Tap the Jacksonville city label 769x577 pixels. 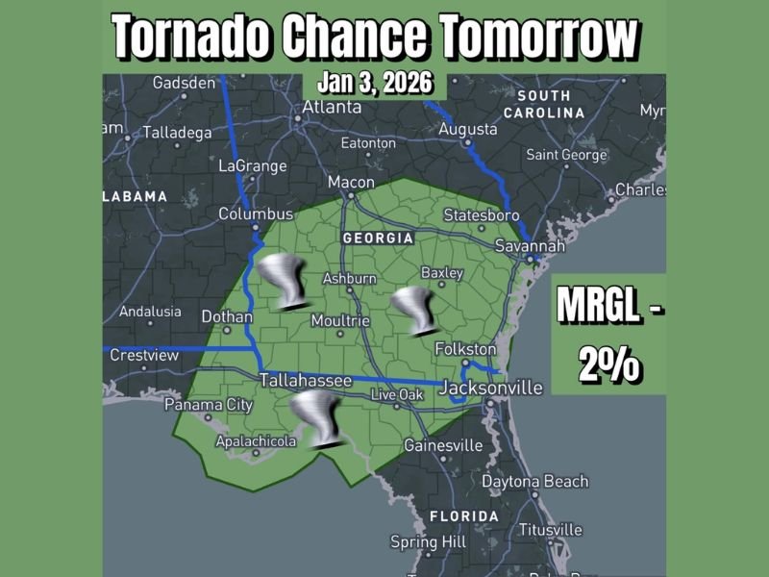point(492,388)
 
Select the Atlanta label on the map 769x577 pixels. point(328,107)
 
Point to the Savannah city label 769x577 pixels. point(530,246)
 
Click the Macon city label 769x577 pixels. point(351,182)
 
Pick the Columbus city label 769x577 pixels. point(256,213)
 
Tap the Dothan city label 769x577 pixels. point(227,316)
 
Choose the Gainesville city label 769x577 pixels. point(443,445)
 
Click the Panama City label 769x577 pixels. point(209,405)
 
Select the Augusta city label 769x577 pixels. point(468,129)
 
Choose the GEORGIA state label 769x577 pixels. point(379,238)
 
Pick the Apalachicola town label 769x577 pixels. point(255,440)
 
